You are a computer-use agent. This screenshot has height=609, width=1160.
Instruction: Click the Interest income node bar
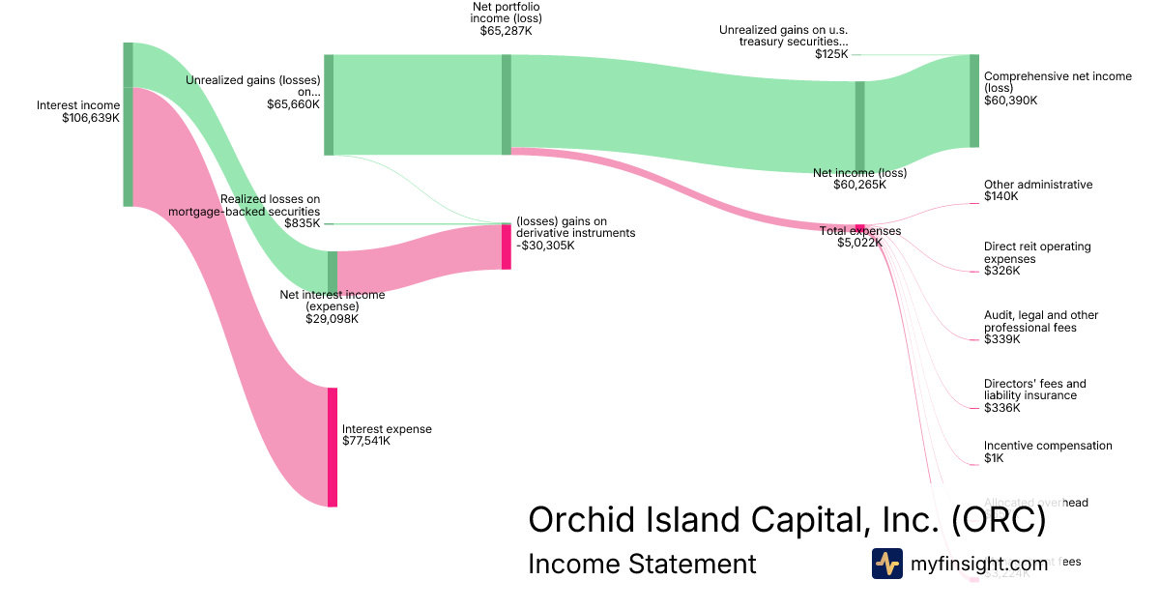pyautogui.click(x=128, y=124)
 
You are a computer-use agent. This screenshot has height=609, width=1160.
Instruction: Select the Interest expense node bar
pyautogui.click(x=333, y=447)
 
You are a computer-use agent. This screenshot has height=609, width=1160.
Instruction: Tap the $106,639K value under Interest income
pyautogui.click(x=91, y=118)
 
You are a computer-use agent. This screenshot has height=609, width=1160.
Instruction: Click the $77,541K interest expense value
pyautogui.click(x=366, y=441)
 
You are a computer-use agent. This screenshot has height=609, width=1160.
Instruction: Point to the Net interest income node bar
pyautogui.click(x=333, y=271)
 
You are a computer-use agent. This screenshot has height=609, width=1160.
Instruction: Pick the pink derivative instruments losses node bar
pyautogui.click(x=506, y=246)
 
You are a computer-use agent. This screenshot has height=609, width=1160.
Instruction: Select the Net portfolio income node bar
pyautogui.click(x=506, y=104)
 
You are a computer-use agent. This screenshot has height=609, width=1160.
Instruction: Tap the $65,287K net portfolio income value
pyautogui.click(x=506, y=31)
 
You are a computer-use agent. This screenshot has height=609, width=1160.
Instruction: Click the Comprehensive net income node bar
pyautogui.click(x=973, y=101)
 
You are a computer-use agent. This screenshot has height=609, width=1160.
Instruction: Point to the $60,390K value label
pyautogui.click(x=1010, y=101)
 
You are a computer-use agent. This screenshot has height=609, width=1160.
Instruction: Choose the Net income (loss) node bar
pyautogui.click(x=859, y=126)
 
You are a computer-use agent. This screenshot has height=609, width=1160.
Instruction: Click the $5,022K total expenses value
pyautogui.click(x=859, y=243)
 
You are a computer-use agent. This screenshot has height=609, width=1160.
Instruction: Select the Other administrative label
pyautogui.click(x=1038, y=185)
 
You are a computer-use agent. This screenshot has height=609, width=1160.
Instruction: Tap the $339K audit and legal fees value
pyautogui.click(x=1001, y=339)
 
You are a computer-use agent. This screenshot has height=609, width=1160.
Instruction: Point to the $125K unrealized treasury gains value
pyautogui.click(x=831, y=54)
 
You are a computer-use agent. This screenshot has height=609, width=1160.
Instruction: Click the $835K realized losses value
pyautogui.click(x=303, y=223)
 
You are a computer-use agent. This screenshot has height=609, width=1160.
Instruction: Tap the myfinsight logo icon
pyautogui.click(x=886, y=564)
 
